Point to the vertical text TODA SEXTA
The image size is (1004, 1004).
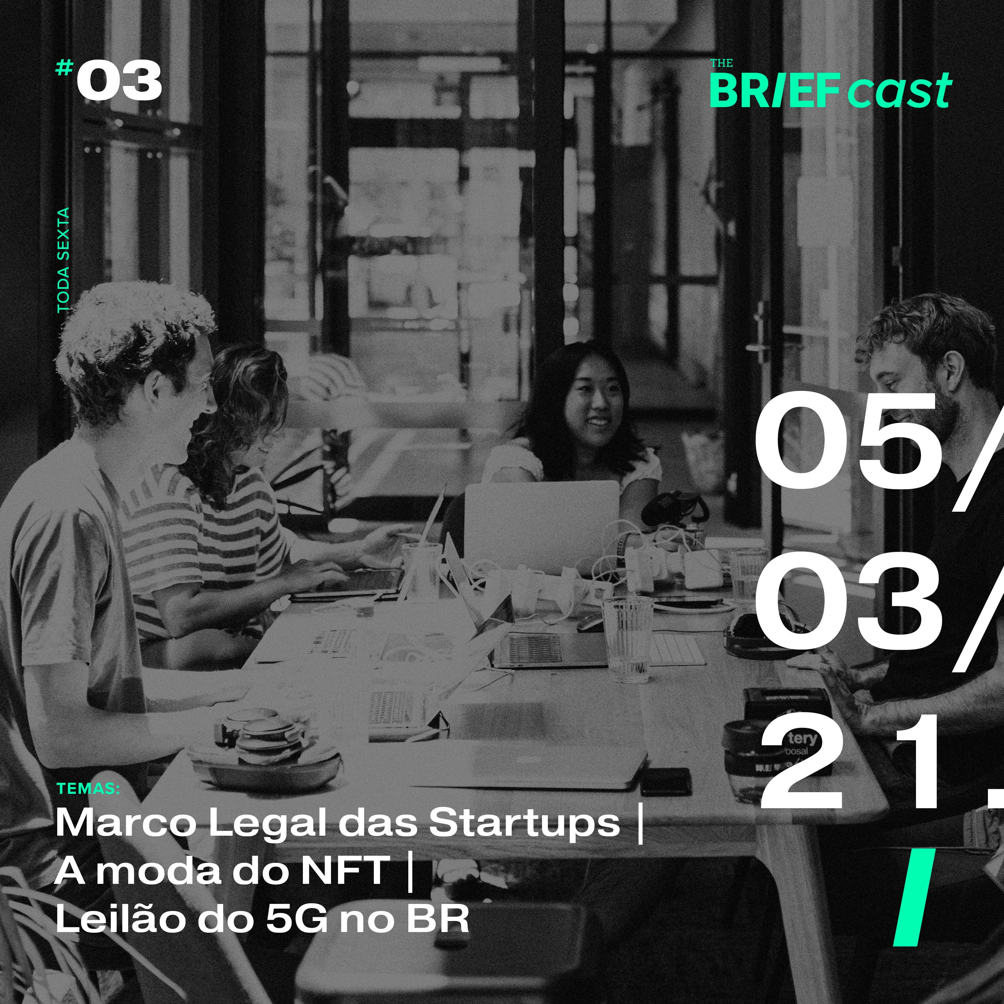point(63,260)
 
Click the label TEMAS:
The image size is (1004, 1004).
point(88,788)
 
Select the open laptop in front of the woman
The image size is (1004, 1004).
point(541,525)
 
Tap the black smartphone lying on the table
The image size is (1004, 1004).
point(666,781)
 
